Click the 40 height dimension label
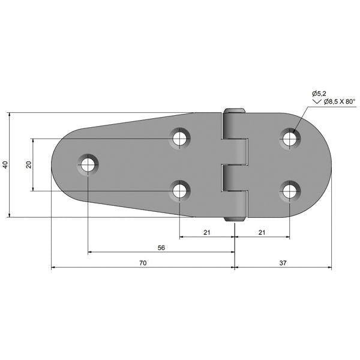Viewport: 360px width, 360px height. click(x=5, y=164)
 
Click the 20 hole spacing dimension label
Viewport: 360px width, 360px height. click(x=29, y=164)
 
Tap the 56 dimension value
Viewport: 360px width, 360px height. click(x=161, y=248)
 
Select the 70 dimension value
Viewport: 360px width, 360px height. click(x=143, y=263)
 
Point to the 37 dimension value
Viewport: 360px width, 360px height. click(x=283, y=263)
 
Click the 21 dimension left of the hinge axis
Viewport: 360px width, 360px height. click(x=207, y=233)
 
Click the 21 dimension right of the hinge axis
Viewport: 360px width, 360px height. click(x=262, y=233)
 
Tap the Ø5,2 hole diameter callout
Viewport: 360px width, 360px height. click(x=319, y=94)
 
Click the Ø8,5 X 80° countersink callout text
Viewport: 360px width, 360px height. click(x=340, y=101)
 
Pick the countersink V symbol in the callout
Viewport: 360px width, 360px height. click(x=317, y=101)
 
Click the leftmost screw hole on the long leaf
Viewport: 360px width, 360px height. click(x=88, y=164)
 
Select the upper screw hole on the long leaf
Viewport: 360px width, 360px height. click(x=180, y=139)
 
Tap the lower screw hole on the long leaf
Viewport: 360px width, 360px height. click(x=180, y=191)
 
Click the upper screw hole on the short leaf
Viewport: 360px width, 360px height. click(x=290, y=139)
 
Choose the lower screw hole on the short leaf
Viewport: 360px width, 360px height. click(x=290, y=191)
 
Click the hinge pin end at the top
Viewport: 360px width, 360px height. click(x=235, y=110)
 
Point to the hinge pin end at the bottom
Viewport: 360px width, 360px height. click(x=235, y=219)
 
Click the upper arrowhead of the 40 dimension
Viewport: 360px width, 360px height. click(x=10, y=115)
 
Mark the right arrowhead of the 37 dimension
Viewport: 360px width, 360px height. click(x=329, y=268)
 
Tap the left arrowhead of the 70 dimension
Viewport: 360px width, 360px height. click(x=53, y=268)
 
